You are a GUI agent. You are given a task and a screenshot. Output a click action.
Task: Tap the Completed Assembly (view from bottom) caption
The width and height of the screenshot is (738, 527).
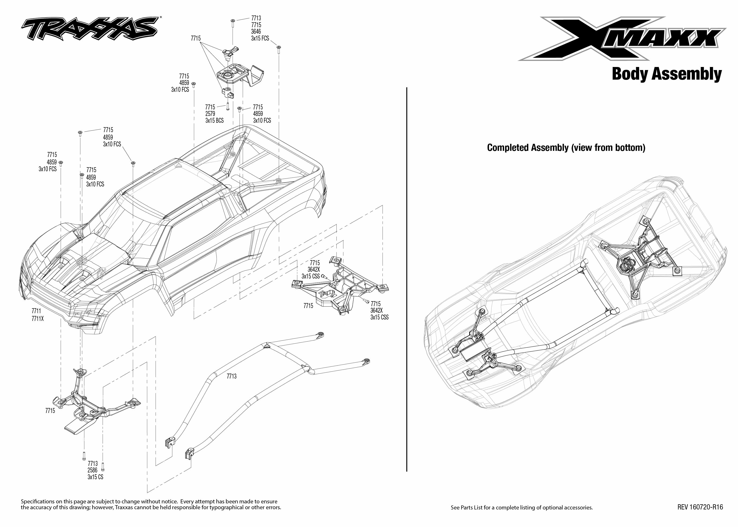coord(566,148)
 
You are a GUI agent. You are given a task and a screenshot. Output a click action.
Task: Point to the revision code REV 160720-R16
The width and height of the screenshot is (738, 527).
coord(700,507)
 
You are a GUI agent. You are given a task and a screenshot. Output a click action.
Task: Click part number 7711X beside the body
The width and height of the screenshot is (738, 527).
coord(38,319)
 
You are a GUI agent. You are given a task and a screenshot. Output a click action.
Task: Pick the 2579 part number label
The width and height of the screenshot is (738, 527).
coord(210,114)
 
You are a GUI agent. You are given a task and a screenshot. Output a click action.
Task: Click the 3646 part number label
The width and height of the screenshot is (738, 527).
coord(256,31)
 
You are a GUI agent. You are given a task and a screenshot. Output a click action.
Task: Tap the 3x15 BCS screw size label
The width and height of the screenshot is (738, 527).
coord(214,120)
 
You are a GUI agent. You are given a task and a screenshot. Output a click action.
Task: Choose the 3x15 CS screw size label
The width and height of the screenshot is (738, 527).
coord(95,477)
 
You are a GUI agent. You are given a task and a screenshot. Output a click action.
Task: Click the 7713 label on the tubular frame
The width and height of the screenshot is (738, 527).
coord(231,376)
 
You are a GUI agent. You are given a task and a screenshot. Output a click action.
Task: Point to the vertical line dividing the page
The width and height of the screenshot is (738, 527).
coord(407,279)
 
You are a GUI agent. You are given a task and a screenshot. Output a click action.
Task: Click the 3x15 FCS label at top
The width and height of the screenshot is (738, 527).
coord(260,38)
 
